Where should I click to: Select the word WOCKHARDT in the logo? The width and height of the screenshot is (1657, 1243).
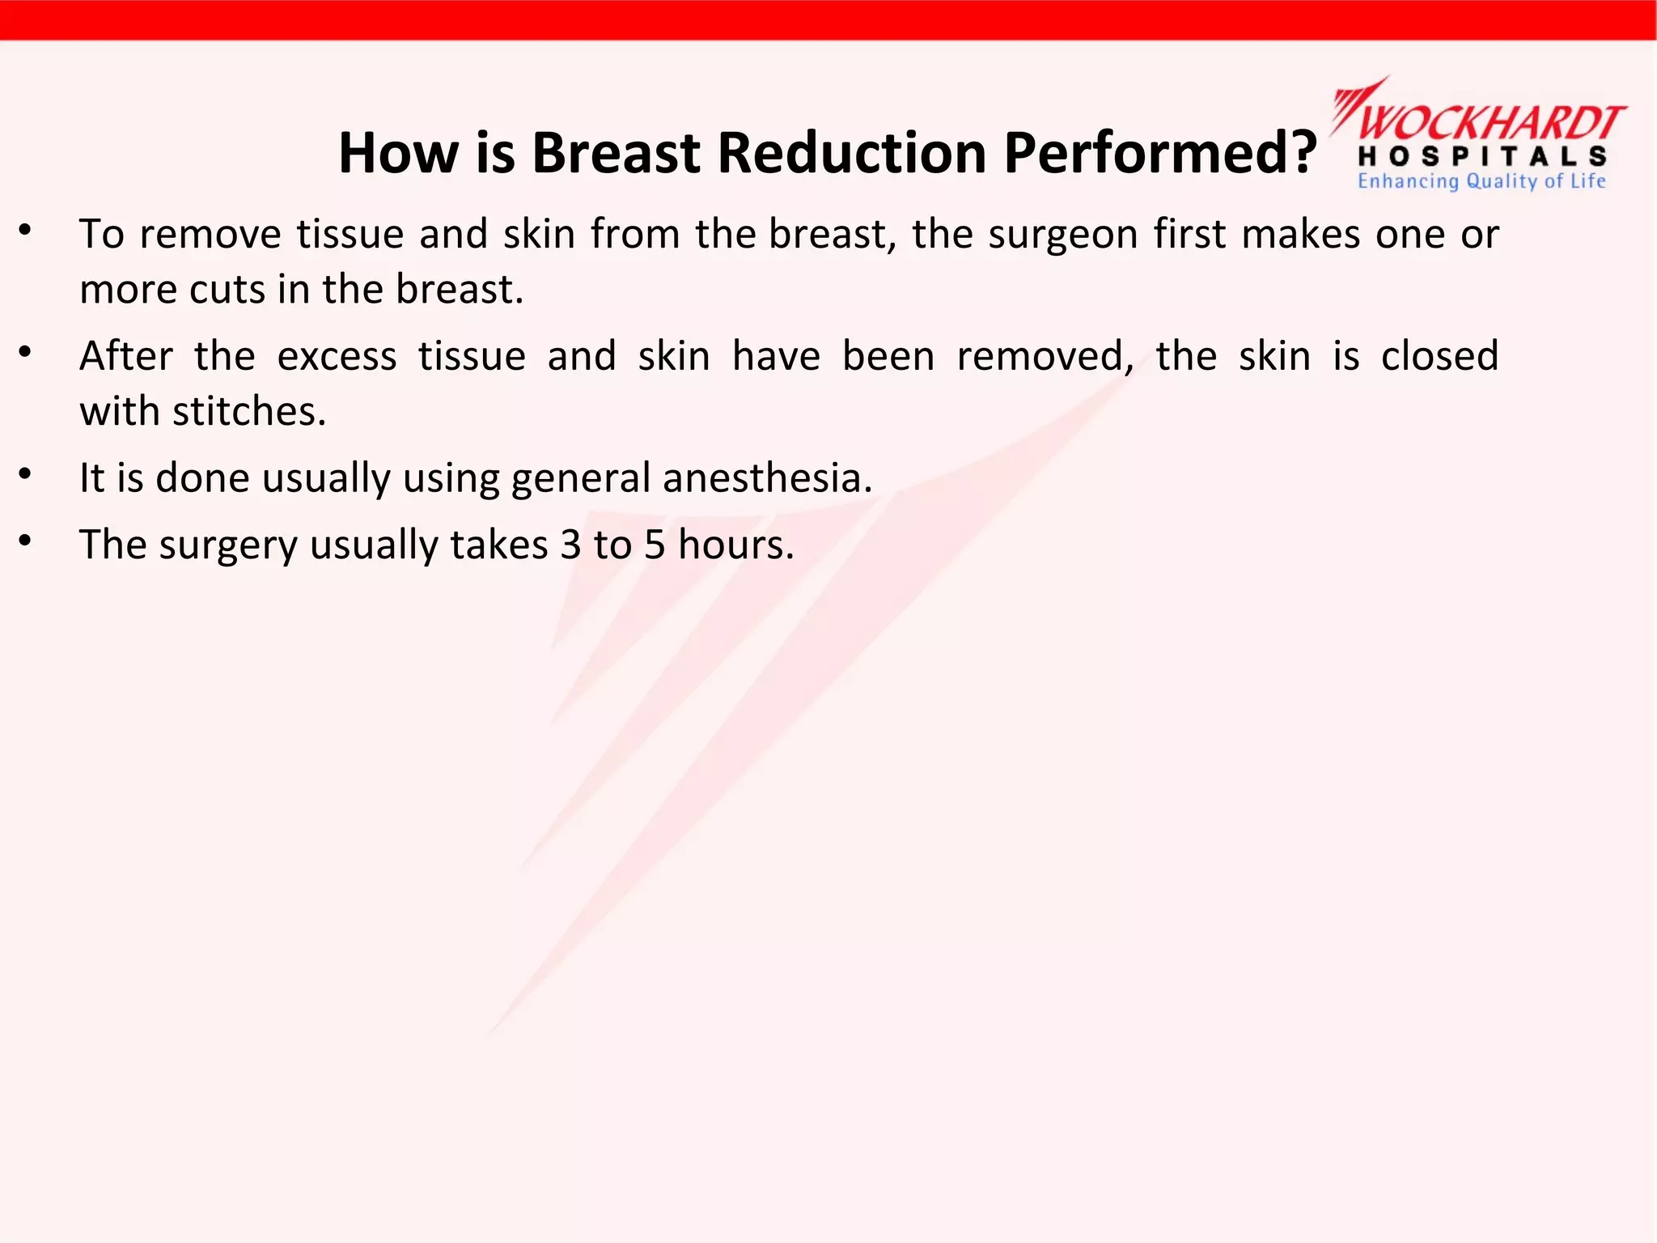(1490, 123)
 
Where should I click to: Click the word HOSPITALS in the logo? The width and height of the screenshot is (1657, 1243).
(1482, 156)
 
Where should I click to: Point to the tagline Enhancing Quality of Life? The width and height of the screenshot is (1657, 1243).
(1481, 181)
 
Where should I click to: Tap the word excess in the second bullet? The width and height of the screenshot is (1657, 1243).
(337, 357)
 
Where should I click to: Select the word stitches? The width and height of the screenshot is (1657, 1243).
(249, 412)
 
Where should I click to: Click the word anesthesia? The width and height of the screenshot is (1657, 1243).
(767, 478)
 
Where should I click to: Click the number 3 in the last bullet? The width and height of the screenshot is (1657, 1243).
(570, 545)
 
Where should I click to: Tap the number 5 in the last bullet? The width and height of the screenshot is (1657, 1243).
(655, 545)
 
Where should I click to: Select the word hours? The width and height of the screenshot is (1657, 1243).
(735, 545)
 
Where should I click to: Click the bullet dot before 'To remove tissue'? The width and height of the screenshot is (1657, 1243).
(26, 231)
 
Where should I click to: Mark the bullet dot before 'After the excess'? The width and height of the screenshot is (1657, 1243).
(26, 353)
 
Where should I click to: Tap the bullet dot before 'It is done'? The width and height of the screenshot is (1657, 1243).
(26, 475)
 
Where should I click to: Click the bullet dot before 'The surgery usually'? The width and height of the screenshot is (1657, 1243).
(26, 541)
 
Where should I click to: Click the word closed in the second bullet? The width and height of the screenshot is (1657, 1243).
(1439, 357)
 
